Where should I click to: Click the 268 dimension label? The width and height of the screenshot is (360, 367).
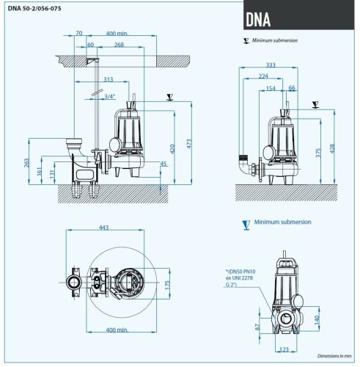click(119, 45)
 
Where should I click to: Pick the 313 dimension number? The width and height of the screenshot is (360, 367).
click(109, 79)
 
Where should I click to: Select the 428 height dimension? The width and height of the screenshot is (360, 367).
click(335, 148)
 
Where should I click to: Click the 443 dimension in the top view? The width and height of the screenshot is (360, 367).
click(103, 228)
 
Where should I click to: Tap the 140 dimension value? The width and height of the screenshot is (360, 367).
click(317, 320)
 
